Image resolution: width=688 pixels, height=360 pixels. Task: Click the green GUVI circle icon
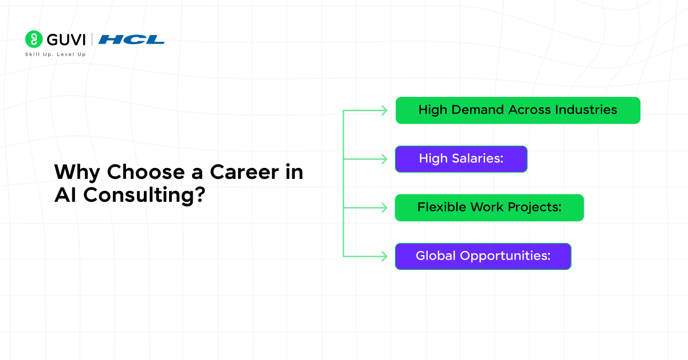(34, 39)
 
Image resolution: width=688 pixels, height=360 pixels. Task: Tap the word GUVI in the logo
(64, 40)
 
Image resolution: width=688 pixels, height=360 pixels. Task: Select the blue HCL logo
(131, 40)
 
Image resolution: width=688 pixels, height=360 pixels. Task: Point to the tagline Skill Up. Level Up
(55, 54)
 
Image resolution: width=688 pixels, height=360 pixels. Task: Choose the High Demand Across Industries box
(518, 110)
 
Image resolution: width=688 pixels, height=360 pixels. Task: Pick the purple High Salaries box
(461, 159)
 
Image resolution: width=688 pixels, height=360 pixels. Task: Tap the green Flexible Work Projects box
(489, 208)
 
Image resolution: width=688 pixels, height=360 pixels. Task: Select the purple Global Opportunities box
(483, 256)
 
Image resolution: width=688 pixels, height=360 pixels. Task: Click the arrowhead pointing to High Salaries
(385, 159)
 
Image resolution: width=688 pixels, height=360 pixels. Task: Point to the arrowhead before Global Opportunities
(385, 256)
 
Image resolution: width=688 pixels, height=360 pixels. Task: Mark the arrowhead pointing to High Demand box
(385, 111)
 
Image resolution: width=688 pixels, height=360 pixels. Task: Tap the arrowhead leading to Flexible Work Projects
(385, 208)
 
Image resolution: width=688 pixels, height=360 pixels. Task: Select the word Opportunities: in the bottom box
(505, 256)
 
